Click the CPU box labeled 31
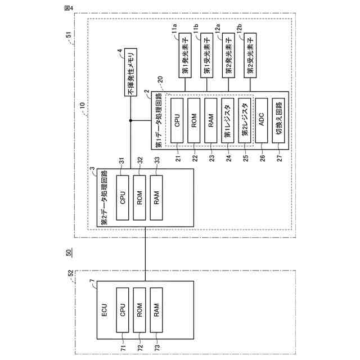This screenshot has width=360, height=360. tap(122, 198)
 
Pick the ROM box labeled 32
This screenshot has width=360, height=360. tap(139, 198)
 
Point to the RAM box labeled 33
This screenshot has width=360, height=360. tap(156, 198)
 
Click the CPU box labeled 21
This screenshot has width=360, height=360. tap(177, 120)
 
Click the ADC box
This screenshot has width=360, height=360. tap(261, 120)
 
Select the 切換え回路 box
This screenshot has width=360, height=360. tap(278, 120)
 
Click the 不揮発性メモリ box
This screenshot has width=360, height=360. tap(130, 75)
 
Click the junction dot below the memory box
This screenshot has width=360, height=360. tap(130, 120)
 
